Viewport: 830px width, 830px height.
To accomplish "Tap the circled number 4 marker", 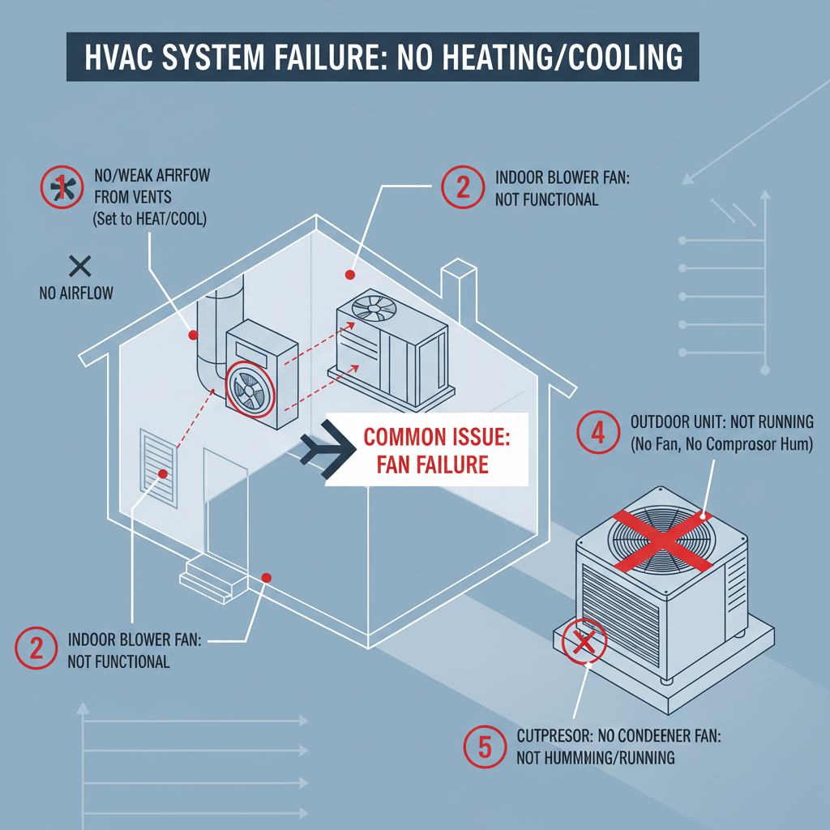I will coord(598,433).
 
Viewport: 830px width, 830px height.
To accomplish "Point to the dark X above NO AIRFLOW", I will coord(79,264).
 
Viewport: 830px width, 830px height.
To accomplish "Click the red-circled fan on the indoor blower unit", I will coord(250,389).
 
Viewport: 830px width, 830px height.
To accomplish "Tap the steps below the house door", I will coord(211,576).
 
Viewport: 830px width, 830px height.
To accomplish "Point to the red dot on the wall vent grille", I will coord(164,473).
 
